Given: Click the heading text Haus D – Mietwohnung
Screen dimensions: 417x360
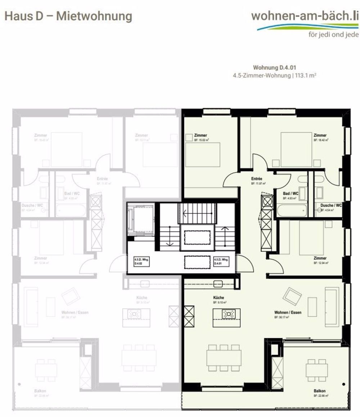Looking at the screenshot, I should pyautogui.click(x=68, y=16).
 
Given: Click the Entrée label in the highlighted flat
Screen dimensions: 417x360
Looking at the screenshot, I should pyautogui.click(x=257, y=179).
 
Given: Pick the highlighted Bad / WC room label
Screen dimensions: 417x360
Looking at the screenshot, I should pyautogui.click(x=290, y=193).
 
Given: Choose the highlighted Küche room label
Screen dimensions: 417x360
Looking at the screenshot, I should pyautogui.click(x=218, y=298).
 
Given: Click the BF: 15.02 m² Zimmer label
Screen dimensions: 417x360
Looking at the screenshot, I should pyautogui.click(x=202, y=140).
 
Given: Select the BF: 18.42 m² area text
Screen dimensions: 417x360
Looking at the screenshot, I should pyautogui.click(x=320, y=140).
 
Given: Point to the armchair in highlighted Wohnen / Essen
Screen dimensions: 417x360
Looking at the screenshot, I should pyautogui.click(x=292, y=296).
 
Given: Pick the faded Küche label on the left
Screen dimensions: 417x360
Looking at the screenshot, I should pyautogui.click(x=141, y=298).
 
